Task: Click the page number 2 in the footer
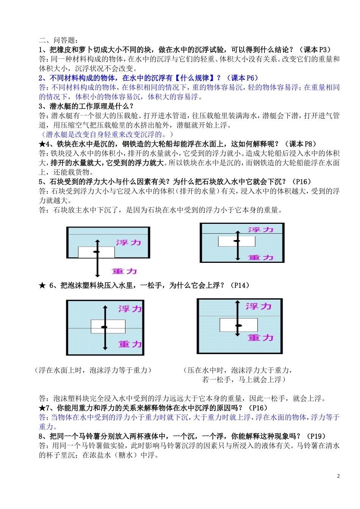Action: click(338, 476)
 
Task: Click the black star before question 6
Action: click(42, 286)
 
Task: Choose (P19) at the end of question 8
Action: click(316, 436)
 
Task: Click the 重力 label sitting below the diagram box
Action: click(125, 271)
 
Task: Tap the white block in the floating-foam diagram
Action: click(108, 326)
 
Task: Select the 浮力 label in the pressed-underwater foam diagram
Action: click(258, 306)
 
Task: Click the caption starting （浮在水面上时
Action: click(93, 370)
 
